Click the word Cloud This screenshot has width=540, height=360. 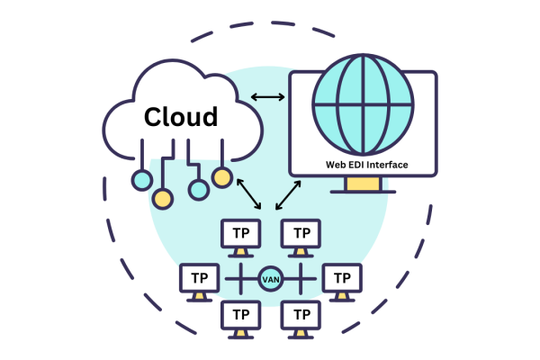(181, 117)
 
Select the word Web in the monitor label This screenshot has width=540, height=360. (336, 165)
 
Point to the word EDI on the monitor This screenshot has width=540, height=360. (358, 165)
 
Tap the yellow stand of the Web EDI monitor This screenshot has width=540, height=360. (363, 184)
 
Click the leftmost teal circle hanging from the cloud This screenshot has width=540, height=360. (141, 181)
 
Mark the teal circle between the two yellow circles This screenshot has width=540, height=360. (198, 190)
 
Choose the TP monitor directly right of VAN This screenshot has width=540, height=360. (343, 278)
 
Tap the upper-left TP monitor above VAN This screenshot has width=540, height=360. (241, 233)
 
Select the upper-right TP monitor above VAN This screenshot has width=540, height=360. (301, 233)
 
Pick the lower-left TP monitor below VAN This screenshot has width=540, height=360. (241, 316)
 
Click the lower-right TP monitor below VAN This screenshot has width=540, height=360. (301, 316)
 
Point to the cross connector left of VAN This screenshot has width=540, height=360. (240, 279)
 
